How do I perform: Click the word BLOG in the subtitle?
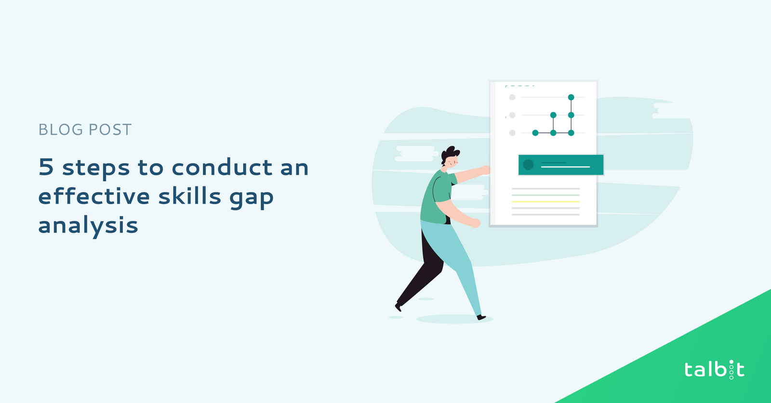pos(61,130)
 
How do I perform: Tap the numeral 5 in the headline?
pos(46,167)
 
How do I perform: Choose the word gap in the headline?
pos(252,198)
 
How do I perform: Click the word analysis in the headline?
pos(88,225)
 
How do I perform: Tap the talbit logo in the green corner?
pos(714,370)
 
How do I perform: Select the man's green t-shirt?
pos(437,198)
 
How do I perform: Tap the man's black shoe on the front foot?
pos(481,317)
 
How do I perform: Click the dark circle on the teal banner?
pos(528,165)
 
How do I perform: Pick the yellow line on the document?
pos(545,201)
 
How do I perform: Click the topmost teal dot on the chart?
pos(571,97)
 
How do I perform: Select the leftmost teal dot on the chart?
pos(535,133)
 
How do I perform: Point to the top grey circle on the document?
pos(512,97)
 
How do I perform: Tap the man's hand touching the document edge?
pos(485,170)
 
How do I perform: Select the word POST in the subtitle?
pos(110,130)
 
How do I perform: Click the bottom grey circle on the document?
pos(512,133)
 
